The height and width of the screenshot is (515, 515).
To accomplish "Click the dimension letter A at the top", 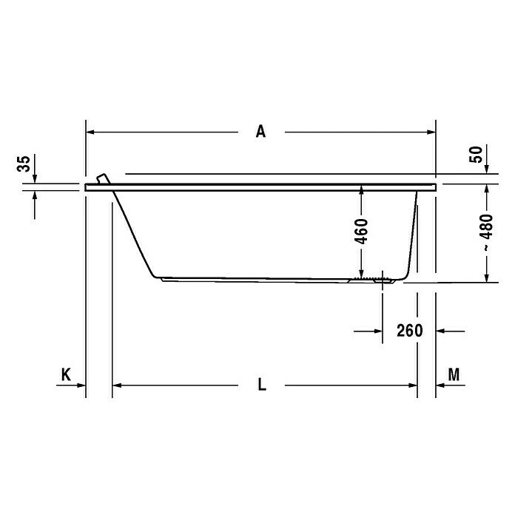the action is click(260, 132).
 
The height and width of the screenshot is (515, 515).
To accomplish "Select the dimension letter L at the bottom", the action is click(262, 385).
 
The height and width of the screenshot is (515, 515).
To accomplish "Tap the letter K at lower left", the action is click(66, 374).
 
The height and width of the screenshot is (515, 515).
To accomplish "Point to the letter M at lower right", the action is click(454, 374).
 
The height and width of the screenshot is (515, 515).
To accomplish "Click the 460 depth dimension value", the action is click(361, 232).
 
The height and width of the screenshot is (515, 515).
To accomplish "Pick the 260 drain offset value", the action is click(410, 331).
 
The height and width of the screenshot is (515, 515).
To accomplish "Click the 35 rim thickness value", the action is click(24, 164).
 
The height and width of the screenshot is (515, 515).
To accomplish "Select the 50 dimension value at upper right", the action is click(476, 155).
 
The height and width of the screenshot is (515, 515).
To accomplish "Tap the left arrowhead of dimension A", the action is click(90, 132).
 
